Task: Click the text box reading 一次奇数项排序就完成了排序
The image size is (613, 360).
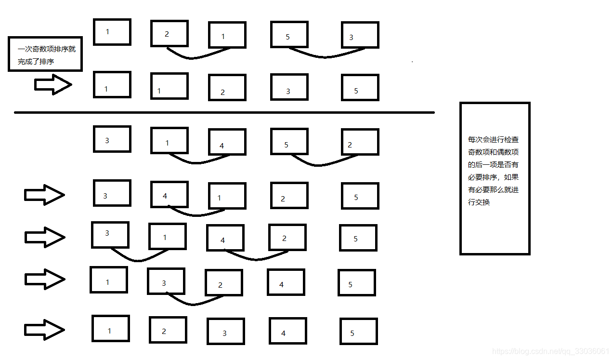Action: (x=46, y=54)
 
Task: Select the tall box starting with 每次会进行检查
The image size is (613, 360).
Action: (x=495, y=178)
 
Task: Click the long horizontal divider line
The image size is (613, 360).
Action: (x=224, y=113)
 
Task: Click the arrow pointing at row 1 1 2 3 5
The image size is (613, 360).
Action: (x=53, y=85)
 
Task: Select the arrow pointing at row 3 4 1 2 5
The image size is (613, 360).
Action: (x=44, y=195)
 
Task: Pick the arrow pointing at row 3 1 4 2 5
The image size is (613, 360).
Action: (x=45, y=237)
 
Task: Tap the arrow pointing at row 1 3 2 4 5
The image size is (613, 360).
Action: (x=45, y=280)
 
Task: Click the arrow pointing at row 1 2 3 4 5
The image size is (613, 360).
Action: (x=45, y=330)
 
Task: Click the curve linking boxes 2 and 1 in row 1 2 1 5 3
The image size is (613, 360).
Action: (x=193, y=58)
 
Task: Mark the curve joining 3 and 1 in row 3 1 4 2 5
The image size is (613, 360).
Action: (x=138, y=261)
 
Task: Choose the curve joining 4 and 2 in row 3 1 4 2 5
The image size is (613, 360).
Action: (x=256, y=259)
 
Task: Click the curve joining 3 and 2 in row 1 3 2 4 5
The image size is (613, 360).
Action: (x=193, y=304)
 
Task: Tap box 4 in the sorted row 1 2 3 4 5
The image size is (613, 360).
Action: (x=287, y=331)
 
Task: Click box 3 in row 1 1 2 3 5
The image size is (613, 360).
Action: (x=289, y=87)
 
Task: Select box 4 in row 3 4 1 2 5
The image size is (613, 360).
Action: (x=169, y=194)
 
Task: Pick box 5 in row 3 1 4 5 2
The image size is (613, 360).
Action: (x=289, y=141)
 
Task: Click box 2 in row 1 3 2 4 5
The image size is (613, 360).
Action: (x=223, y=282)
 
